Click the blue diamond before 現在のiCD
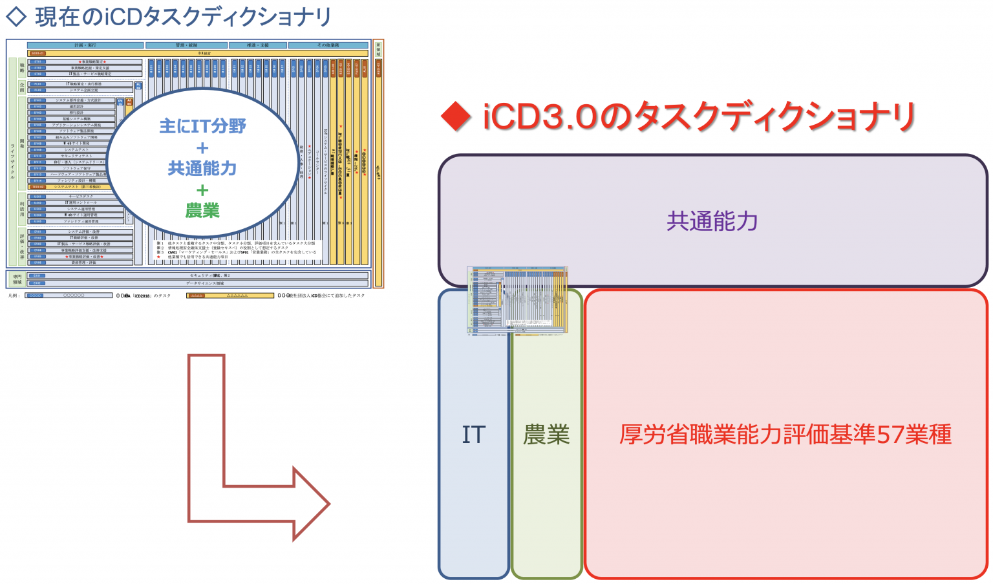click(x=16, y=16)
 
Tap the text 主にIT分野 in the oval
click(x=202, y=126)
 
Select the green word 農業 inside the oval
click(x=202, y=210)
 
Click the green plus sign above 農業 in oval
click(x=202, y=190)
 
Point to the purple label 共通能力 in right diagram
click(x=712, y=221)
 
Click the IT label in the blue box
click(x=473, y=435)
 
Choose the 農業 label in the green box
click(x=546, y=435)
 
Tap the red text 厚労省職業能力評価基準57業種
click(x=785, y=434)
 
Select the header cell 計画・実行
click(x=85, y=45)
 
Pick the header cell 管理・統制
click(x=186, y=45)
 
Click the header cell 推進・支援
click(x=257, y=45)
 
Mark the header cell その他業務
click(x=328, y=45)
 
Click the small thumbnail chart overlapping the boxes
click(x=517, y=299)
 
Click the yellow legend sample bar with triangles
click(x=230, y=296)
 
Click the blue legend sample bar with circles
click(x=69, y=296)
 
